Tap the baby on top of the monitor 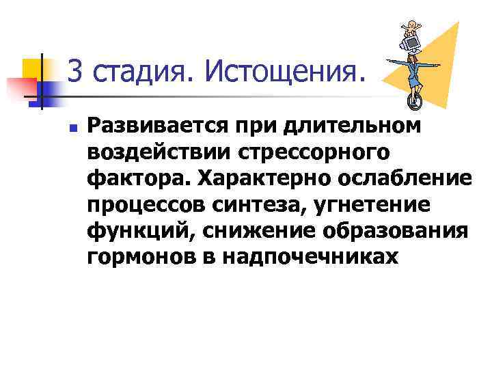point(411,28)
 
